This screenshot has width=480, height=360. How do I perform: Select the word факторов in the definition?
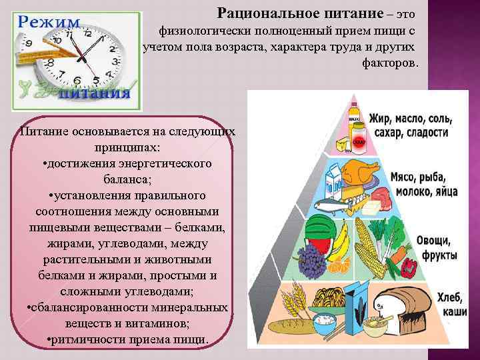[x=391, y=63]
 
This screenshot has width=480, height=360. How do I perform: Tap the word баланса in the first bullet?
[x=127, y=179]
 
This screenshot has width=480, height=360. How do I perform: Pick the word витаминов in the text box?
[x=157, y=323]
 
